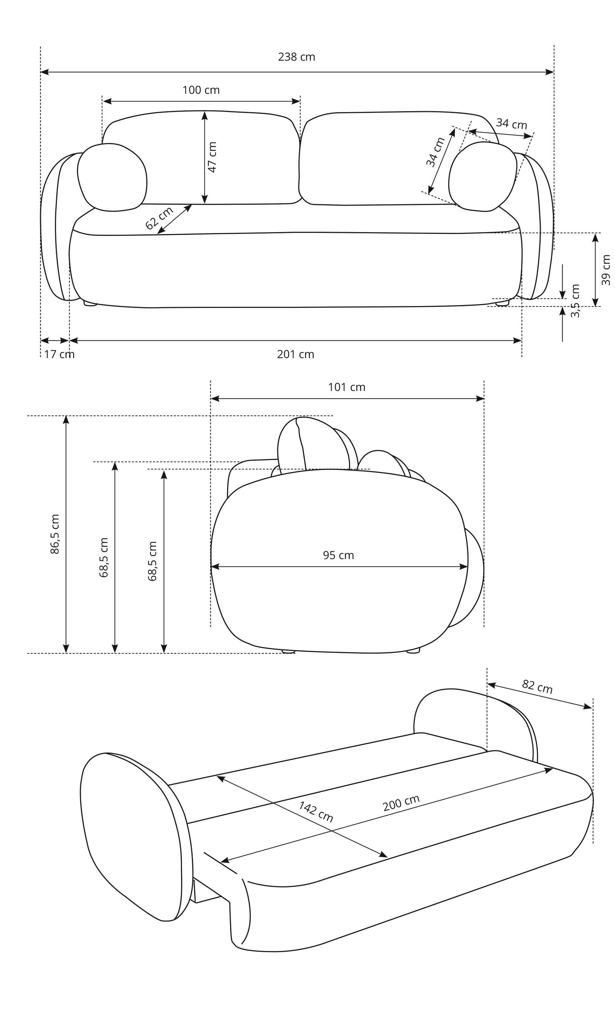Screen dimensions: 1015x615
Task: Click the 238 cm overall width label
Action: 296,57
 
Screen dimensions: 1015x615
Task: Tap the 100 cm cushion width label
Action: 201,90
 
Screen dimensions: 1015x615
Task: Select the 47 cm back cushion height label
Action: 212,157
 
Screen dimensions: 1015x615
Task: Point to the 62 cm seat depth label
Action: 159,218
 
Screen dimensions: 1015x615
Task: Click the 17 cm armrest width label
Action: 59,355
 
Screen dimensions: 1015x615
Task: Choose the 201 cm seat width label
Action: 295,355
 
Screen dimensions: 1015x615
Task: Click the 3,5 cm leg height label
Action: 576,301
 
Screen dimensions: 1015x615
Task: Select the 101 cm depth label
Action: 346,388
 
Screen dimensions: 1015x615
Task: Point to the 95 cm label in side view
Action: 338,556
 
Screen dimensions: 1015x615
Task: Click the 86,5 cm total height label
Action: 55,534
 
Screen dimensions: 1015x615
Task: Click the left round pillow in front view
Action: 112,178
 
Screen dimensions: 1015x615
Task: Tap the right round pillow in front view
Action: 482,177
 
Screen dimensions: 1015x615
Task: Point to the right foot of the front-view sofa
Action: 502,303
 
